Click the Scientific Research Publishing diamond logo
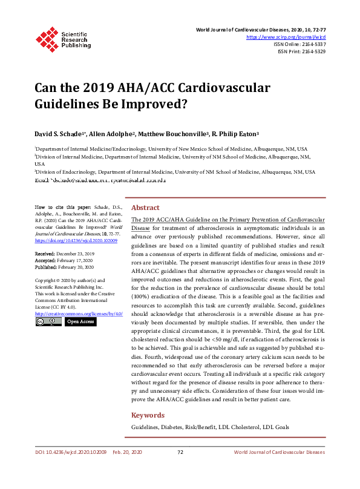click(x=46, y=38)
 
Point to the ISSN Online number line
click(x=300, y=45)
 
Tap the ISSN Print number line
click(x=301, y=52)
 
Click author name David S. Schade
click(x=59, y=133)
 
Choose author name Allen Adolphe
click(x=111, y=133)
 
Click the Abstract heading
click(x=145, y=207)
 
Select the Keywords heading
click(x=148, y=415)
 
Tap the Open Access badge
click(x=80, y=322)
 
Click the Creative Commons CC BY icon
click(x=48, y=322)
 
